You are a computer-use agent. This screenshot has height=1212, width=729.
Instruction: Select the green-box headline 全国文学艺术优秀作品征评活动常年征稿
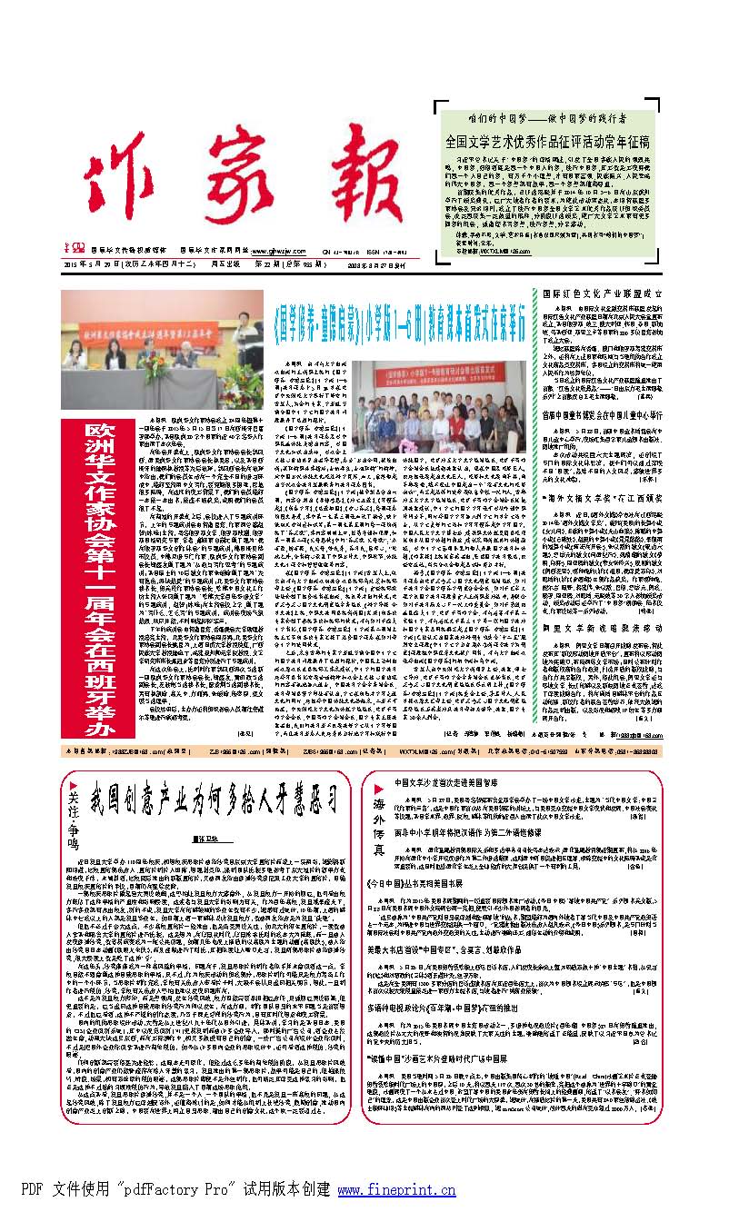[x=573, y=142]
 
